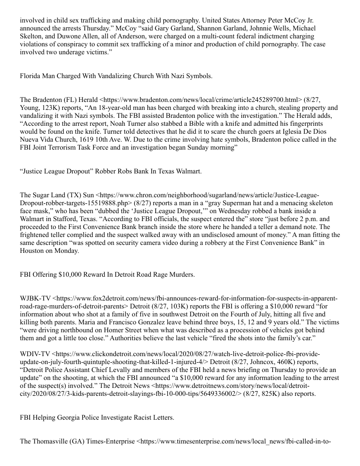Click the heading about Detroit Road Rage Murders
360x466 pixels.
pos(107,274)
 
